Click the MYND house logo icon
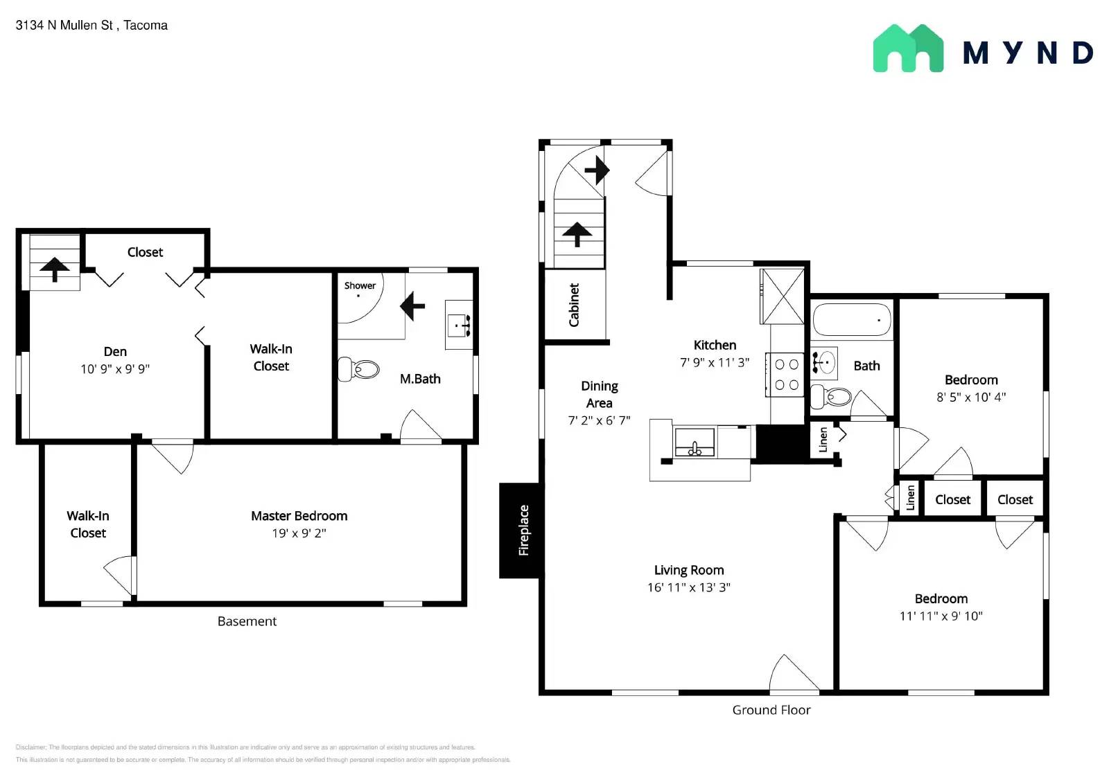(x=908, y=48)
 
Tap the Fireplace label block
(x=523, y=530)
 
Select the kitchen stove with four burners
(x=786, y=375)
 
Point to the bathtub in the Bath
(x=851, y=320)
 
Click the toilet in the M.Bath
(x=359, y=369)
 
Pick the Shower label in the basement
(x=360, y=285)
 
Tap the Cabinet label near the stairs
(x=574, y=305)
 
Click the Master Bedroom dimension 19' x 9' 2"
(x=299, y=533)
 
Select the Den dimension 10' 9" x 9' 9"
(x=115, y=369)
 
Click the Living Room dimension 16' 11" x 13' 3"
(x=688, y=587)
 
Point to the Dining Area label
(x=599, y=394)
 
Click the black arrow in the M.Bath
(x=412, y=305)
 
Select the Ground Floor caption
(x=771, y=710)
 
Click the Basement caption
(x=247, y=621)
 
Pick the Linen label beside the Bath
(x=823, y=440)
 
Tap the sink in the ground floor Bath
(x=824, y=362)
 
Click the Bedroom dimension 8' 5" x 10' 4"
(x=970, y=398)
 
